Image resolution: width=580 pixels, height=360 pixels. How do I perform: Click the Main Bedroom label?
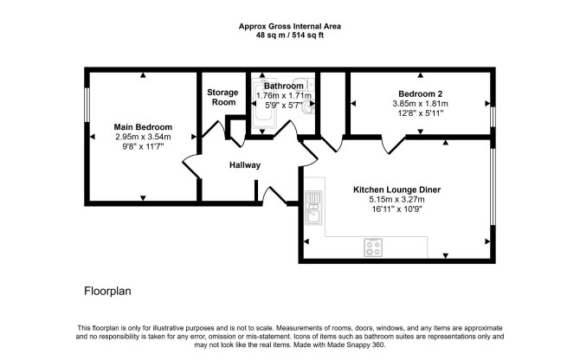coord(143,127)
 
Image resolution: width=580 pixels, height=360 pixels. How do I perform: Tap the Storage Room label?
coord(222,97)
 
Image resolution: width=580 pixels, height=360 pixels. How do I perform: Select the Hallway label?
coord(245,165)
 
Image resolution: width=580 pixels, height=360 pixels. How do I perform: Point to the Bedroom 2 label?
coord(420,93)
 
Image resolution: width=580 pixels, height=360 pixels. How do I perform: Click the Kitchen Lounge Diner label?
coord(396,190)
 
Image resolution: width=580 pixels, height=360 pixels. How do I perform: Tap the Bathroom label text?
coord(284,86)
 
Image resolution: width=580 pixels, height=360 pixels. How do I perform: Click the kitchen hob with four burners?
coord(373,247)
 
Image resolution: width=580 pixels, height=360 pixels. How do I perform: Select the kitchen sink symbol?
coord(313,208)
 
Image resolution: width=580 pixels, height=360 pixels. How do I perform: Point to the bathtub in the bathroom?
coord(264,104)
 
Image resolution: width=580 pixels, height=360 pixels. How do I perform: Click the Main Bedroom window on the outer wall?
coord(87,105)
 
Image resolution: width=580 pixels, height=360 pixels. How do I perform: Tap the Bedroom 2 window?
coord(493,117)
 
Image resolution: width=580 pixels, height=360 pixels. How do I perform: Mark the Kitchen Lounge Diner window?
coord(493,187)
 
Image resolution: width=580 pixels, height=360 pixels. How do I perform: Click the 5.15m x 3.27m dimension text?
coord(396,200)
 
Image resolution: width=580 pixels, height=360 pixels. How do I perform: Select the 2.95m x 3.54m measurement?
coord(143,137)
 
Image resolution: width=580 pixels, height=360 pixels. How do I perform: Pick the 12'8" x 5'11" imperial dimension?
coord(420,113)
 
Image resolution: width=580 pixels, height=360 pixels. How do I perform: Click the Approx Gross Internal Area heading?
coord(290,26)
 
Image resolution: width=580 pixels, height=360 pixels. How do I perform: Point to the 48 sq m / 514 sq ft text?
coord(290,35)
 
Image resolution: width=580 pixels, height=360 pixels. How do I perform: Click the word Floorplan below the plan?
coord(107,291)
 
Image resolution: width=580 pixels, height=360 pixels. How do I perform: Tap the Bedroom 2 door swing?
coord(393,145)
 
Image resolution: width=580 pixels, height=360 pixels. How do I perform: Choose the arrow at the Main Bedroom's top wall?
coord(143,75)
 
